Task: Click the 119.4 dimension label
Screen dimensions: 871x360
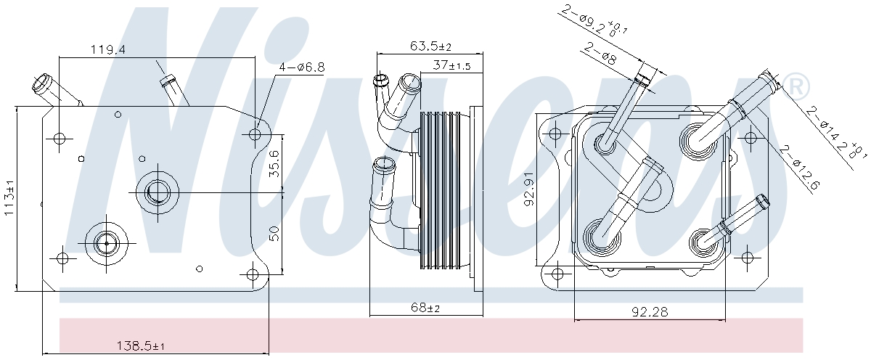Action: [x=107, y=50]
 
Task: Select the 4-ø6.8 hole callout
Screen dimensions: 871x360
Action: [x=302, y=67]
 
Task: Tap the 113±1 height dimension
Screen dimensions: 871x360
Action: [x=9, y=197]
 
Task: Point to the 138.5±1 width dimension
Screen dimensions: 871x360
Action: [x=140, y=345]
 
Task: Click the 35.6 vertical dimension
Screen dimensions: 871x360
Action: [x=274, y=164]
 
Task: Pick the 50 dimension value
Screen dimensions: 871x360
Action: [x=274, y=233]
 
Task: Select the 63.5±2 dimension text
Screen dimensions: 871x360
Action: [x=431, y=46]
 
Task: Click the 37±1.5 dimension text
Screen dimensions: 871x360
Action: [x=451, y=65]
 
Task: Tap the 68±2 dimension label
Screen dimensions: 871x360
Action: [x=425, y=308]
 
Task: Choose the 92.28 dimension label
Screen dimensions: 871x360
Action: [x=650, y=311]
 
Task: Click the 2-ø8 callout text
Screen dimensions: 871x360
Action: [x=600, y=54]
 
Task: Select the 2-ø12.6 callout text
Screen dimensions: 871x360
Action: [x=800, y=168]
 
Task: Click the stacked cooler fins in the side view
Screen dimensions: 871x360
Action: [x=440, y=190]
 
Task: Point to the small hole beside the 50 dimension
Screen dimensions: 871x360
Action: [x=200, y=269]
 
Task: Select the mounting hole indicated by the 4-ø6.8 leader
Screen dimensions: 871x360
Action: [x=255, y=134]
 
